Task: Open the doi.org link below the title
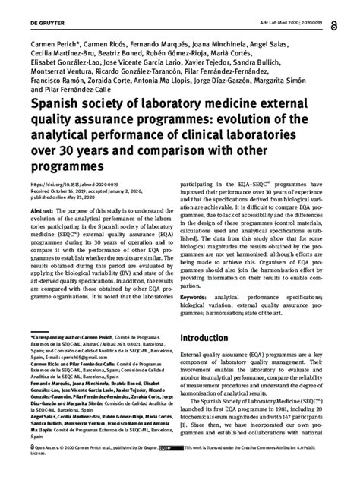68,184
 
